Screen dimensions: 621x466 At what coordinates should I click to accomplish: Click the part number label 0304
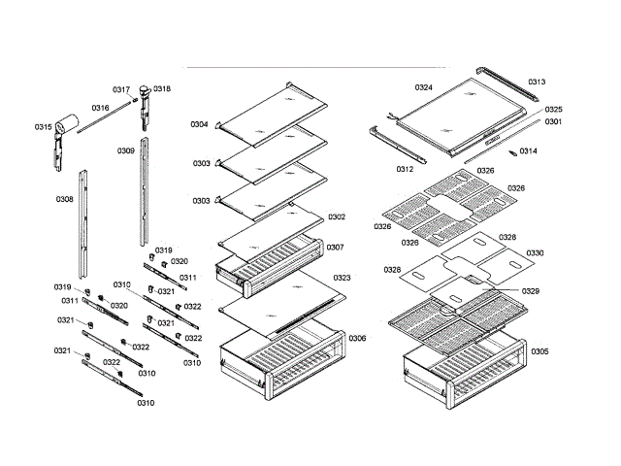coord(199,124)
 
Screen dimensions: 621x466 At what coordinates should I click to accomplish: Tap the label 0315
coord(43,127)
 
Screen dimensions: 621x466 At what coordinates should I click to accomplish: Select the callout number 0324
coord(423,87)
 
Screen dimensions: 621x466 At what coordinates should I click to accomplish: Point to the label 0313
coord(537,83)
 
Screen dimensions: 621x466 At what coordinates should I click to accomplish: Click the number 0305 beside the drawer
coord(539,351)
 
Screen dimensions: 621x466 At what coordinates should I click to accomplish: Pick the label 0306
coord(357,339)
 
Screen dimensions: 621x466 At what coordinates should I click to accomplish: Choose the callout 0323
coord(342,279)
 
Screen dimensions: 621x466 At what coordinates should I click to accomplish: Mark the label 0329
coord(531,291)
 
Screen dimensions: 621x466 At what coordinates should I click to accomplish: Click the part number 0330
coord(536,253)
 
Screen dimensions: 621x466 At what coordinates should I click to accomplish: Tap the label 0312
coord(405,169)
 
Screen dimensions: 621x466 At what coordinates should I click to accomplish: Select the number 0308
coord(65,199)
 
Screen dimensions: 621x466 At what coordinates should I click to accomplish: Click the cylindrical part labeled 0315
coord(66,124)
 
